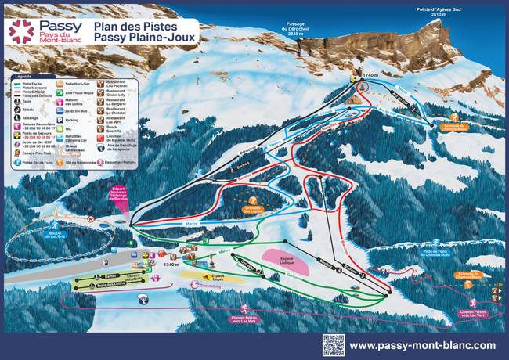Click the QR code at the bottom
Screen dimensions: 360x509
click(333, 344)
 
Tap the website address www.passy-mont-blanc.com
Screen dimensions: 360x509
click(422, 345)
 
